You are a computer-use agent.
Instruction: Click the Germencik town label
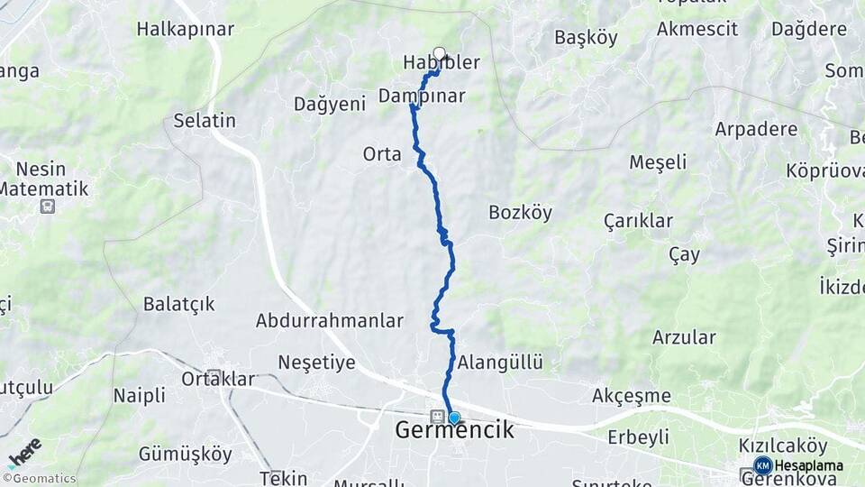point(455,431)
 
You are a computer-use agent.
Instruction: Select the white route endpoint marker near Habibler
point(440,52)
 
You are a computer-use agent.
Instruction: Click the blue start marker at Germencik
point(454,418)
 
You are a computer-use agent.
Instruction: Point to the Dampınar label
point(422,96)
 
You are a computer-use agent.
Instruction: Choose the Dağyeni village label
point(330,105)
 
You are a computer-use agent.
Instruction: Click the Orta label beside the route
point(382,154)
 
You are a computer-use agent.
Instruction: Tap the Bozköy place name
point(520,213)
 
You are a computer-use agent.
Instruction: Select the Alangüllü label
point(500,363)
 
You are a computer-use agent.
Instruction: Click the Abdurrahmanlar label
point(329,321)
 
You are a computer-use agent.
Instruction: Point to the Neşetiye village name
point(317,363)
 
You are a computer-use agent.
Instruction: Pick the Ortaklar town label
point(218,380)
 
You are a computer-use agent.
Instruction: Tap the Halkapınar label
point(186,29)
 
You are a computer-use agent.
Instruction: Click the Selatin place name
point(205,121)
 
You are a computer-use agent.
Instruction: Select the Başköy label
point(586,38)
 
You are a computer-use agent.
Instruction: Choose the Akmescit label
point(697,29)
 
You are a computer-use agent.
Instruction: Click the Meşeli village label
point(658,162)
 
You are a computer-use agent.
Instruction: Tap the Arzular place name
point(685,338)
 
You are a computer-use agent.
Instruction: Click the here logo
point(24,452)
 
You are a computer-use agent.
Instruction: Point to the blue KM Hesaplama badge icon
point(763,466)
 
